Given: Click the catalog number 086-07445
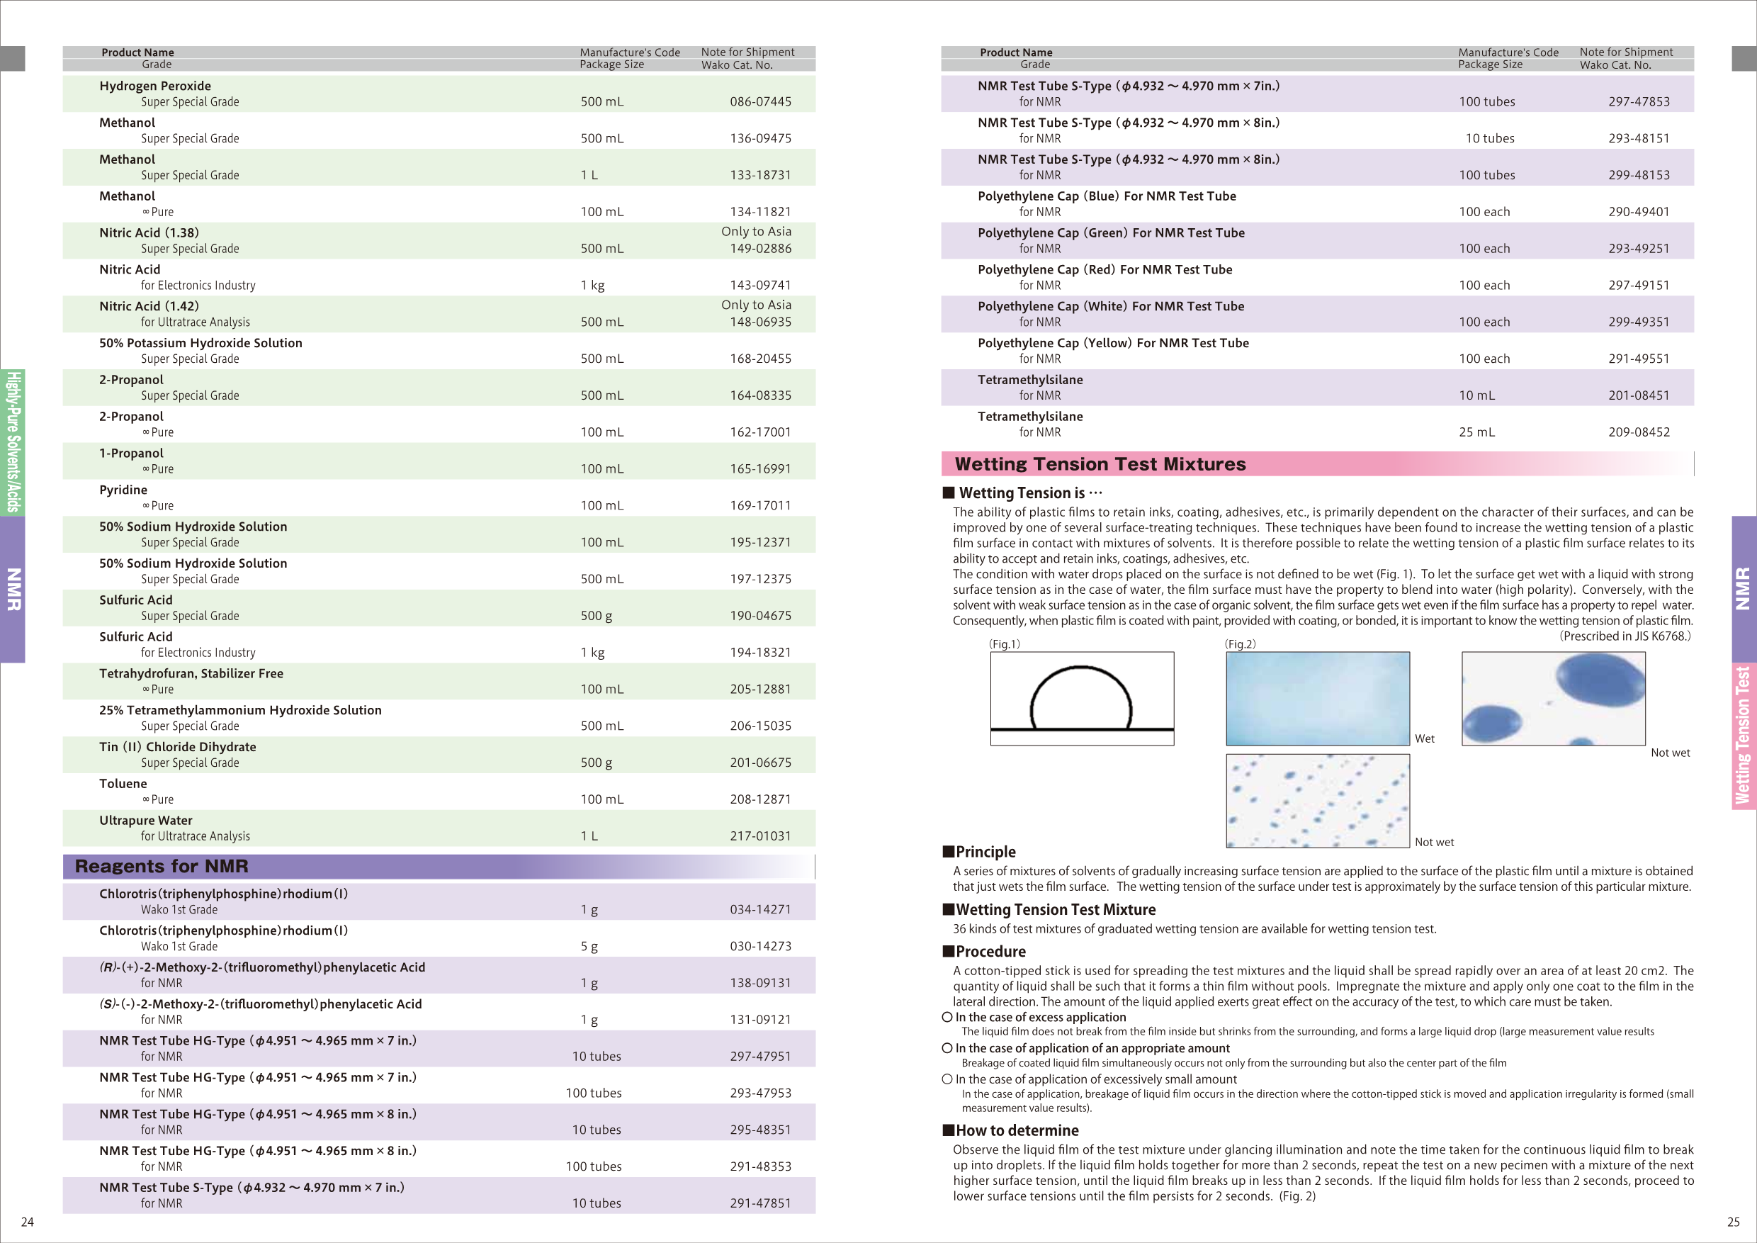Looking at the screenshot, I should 760,102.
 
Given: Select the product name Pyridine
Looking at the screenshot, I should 123,490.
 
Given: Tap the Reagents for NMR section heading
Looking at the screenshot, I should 162,867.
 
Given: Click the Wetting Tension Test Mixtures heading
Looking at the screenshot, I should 1100,464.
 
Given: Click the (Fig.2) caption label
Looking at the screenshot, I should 1240,643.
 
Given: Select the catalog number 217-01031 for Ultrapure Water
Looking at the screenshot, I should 760,836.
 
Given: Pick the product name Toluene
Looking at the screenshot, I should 123,784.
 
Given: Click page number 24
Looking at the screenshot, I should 27,1222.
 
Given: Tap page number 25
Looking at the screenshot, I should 1734,1222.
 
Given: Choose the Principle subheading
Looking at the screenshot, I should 985,852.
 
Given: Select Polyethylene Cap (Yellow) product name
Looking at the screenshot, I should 1113,343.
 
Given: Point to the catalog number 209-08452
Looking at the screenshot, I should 1639,432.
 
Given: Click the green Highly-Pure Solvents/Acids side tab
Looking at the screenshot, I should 12,441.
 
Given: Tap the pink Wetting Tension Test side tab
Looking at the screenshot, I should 1744,735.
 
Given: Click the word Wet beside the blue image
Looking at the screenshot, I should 1424,738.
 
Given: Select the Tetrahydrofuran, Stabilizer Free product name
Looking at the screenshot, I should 191,673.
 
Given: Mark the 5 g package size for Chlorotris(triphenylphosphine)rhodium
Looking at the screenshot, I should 589,946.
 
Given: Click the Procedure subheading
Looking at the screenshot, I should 990,952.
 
